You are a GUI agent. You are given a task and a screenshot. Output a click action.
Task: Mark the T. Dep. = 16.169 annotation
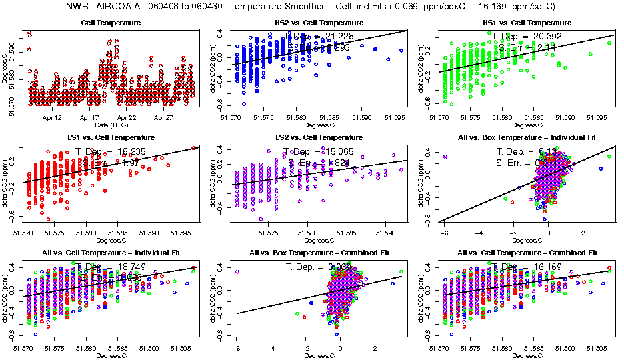tap(526, 267)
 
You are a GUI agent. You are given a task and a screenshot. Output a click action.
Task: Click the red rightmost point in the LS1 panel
tap(193, 148)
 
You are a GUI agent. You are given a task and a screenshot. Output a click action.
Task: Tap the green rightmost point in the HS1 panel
tap(609, 43)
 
